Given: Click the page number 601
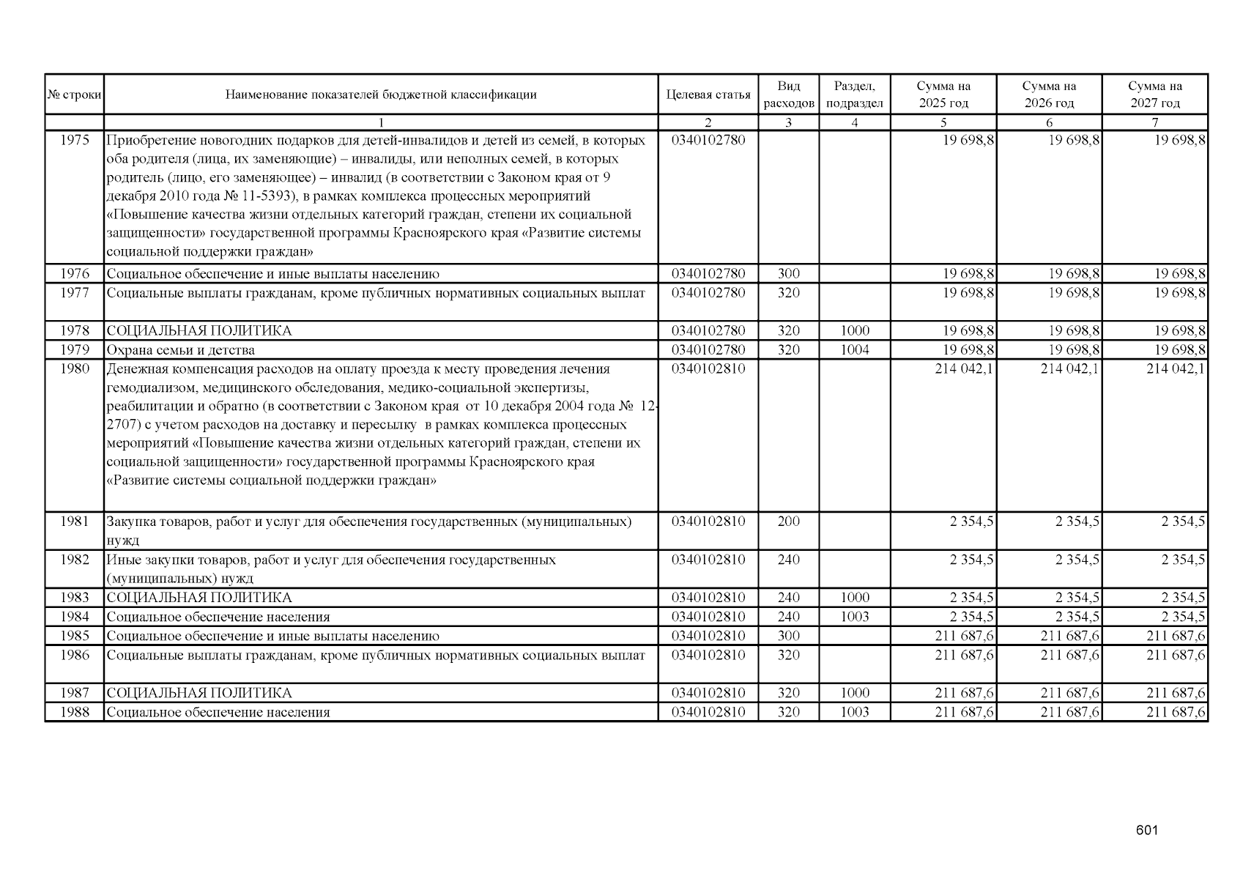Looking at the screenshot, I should click(x=1146, y=831).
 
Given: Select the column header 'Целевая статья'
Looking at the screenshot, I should click(x=708, y=94).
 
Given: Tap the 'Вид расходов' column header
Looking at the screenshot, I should click(x=788, y=94).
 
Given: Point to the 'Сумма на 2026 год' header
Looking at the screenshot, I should click(x=1049, y=94).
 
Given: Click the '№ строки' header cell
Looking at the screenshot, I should click(x=74, y=94).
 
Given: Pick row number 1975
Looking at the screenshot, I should click(x=74, y=140).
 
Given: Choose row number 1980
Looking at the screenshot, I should click(x=74, y=368).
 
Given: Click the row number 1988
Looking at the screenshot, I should click(x=74, y=712).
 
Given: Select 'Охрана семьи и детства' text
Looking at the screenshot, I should click(x=181, y=350).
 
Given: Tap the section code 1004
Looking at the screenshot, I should click(x=854, y=350).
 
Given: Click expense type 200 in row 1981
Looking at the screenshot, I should click(x=788, y=522).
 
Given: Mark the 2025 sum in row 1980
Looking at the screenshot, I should click(x=964, y=368).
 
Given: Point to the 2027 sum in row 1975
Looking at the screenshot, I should click(x=1180, y=140).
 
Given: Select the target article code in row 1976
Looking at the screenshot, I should click(x=708, y=274).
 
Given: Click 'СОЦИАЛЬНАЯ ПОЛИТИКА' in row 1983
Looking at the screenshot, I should click(x=199, y=598).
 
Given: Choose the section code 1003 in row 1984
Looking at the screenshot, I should click(x=854, y=617).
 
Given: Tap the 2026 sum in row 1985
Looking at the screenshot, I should click(x=1069, y=636).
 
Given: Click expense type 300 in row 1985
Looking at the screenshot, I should click(x=788, y=636).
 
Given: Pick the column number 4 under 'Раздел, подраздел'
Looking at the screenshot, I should click(x=854, y=123).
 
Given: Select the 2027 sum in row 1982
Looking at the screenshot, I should click(x=1183, y=560).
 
